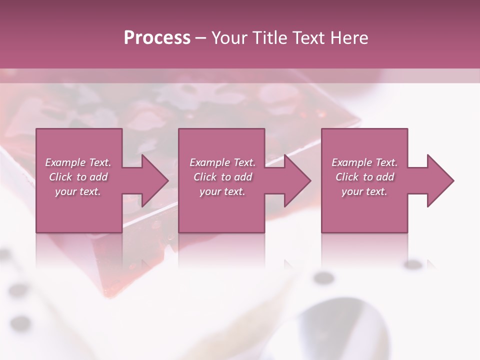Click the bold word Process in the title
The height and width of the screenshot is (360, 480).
[157, 38]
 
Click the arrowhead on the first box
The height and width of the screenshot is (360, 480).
[153, 180]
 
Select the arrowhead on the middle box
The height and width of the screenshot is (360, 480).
[295, 180]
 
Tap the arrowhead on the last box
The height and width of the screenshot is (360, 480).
[438, 180]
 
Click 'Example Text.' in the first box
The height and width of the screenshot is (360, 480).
[78, 162]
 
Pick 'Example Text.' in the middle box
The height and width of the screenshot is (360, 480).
[222, 162]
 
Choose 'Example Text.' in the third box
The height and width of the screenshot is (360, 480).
[364, 162]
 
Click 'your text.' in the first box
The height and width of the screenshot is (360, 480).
[78, 191]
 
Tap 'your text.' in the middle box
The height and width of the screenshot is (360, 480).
[222, 191]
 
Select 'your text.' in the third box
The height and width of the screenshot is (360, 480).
[364, 191]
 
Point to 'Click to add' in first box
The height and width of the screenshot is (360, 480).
[78, 177]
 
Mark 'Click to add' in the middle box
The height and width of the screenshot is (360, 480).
[222, 177]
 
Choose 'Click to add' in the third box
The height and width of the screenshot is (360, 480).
[364, 177]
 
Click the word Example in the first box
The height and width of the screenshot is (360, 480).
[64, 162]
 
